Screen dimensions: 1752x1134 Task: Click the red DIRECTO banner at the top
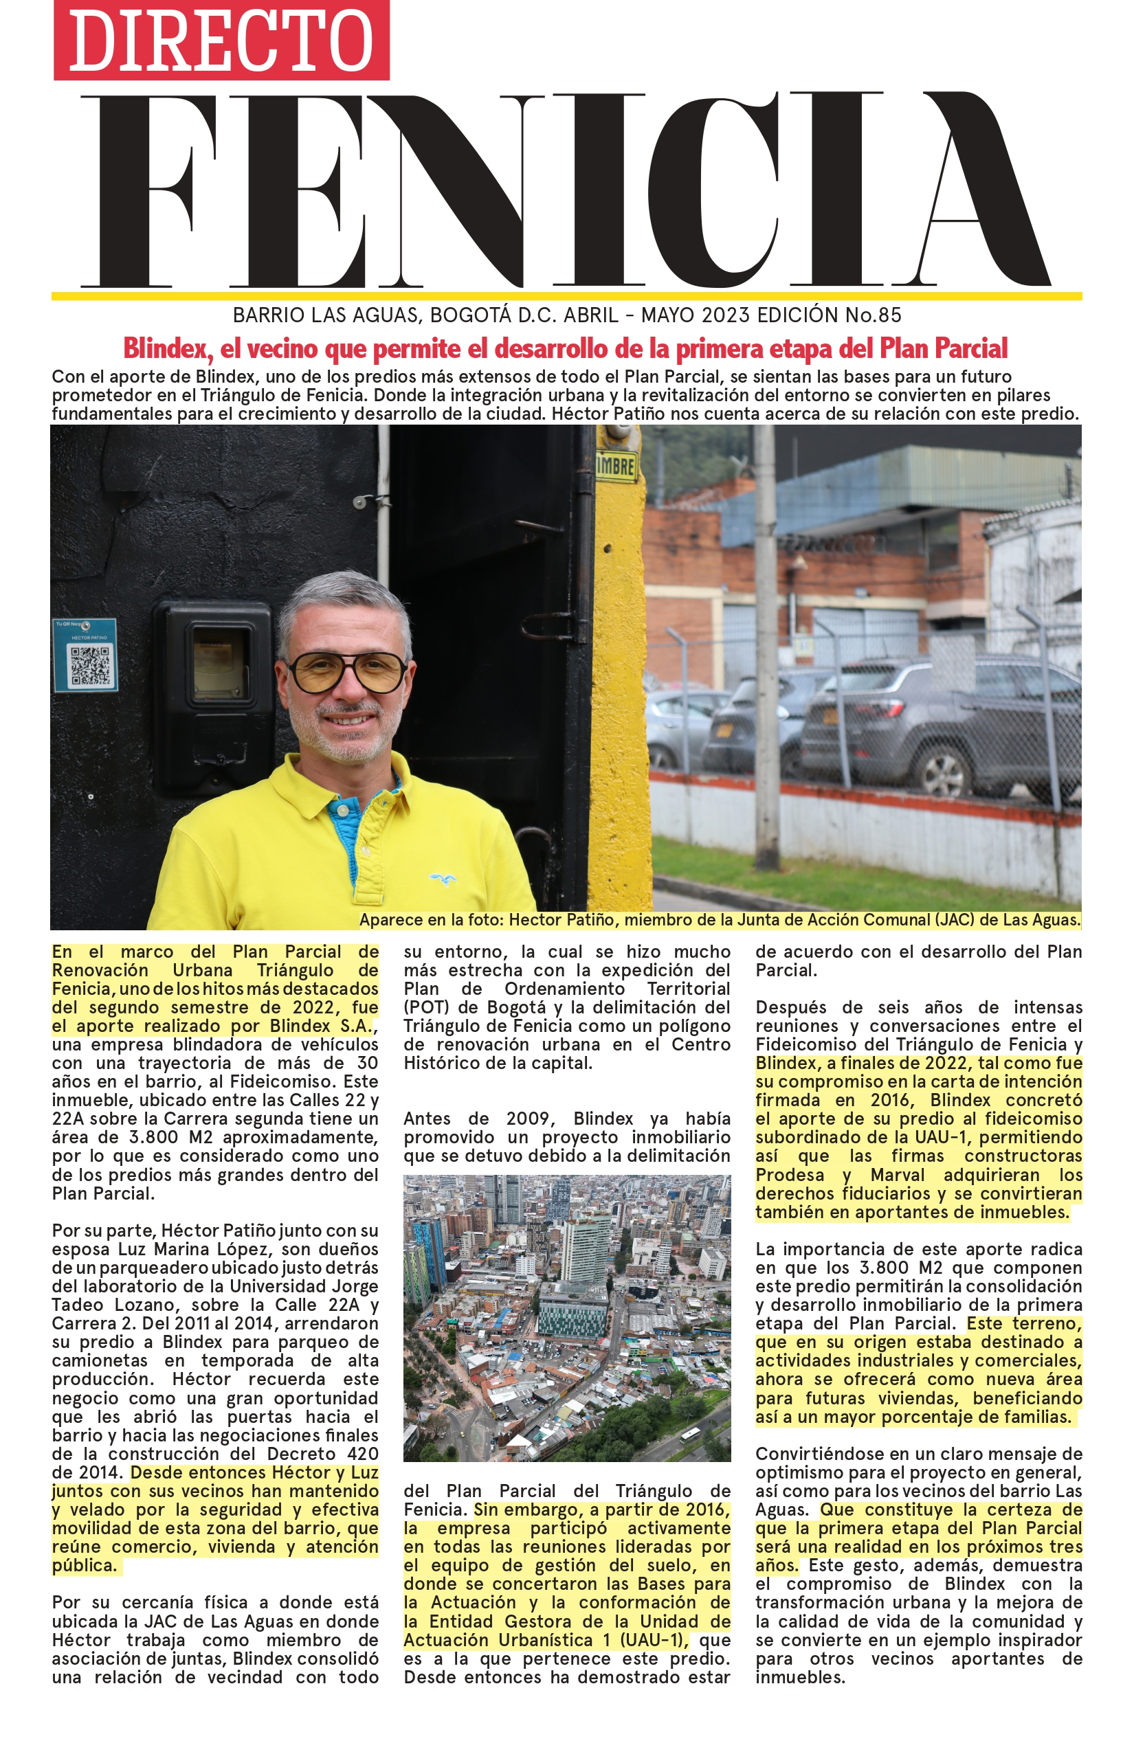tap(221, 40)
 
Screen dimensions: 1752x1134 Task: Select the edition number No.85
tap(873, 316)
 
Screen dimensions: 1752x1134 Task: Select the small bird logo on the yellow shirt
tap(443, 878)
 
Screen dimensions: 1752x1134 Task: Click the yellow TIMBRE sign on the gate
tap(616, 467)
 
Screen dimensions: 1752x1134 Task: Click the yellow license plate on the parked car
tap(724, 730)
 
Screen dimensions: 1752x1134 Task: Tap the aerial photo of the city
tap(567, 1318)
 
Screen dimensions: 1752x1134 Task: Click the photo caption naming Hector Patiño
tap(720, 920)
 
